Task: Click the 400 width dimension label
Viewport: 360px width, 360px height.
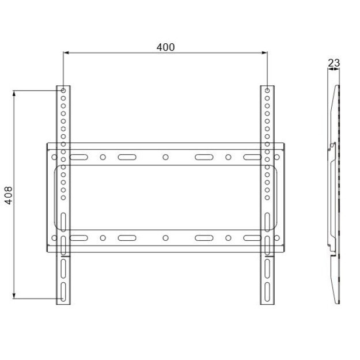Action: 165,47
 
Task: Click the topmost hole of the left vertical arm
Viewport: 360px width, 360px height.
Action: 63,91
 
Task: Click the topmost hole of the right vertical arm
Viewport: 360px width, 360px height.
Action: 267,91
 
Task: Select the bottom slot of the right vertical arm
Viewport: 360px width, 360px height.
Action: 267,287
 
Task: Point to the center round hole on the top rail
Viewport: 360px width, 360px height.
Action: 165,157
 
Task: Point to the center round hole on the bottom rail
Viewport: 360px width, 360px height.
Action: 165,237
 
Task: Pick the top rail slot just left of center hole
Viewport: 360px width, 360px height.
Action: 126,157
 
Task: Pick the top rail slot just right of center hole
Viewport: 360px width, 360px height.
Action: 204,157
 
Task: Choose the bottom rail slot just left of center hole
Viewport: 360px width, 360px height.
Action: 126,237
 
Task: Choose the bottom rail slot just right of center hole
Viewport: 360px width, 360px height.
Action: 204,237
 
